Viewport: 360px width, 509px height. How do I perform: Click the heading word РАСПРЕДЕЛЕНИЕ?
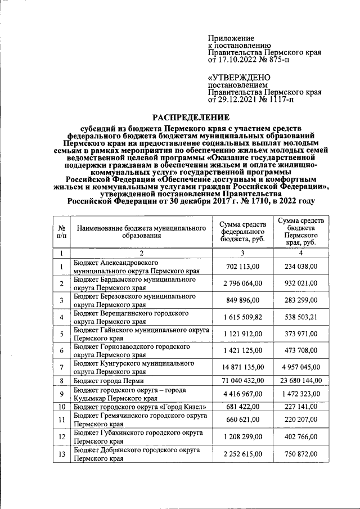pos(192,118)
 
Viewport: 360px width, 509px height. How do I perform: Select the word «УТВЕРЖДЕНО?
pos(239,77)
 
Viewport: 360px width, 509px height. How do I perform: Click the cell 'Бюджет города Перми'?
pos(108,380)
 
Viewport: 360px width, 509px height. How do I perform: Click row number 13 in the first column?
pos(61,454)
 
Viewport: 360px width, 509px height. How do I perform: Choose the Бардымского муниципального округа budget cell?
pos(135,283)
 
